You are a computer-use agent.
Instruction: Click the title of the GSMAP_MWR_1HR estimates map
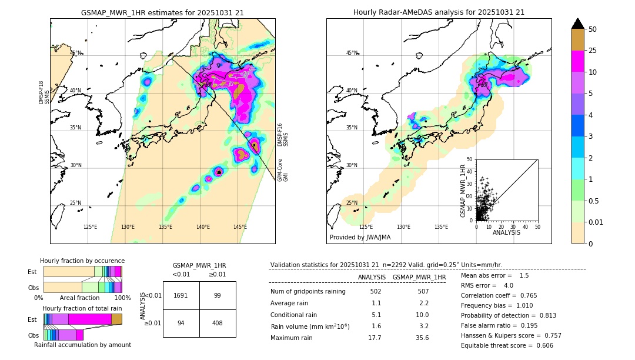(x=162, y=12)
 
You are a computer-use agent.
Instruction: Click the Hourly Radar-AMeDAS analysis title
(x=439, y=12)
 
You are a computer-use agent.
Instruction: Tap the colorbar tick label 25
(x=593, y=51)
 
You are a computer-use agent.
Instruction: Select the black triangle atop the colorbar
(x=578, y=24)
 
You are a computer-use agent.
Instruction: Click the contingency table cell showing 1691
(x=181, y=295)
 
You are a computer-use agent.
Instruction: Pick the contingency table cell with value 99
(x=218, y=295)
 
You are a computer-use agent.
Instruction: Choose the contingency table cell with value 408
(x=218, y=322)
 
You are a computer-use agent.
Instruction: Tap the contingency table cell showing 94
(x=181, y=322)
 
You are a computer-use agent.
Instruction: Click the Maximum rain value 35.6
(x=422, y=338)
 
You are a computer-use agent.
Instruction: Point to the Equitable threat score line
(x=507, y=345)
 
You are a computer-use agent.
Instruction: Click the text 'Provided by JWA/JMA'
(x=360, y=238)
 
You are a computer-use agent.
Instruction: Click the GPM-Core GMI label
(x=283, y=169)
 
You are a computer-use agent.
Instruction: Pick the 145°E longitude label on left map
(x=240, y=227)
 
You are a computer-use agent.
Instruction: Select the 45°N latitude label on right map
(x=352, y=53)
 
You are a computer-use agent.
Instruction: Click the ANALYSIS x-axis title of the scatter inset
(x=507, y=232)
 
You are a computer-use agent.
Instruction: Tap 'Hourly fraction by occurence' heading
(x=82, y=261)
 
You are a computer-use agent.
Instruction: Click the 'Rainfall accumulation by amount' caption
(x=82, y=345)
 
